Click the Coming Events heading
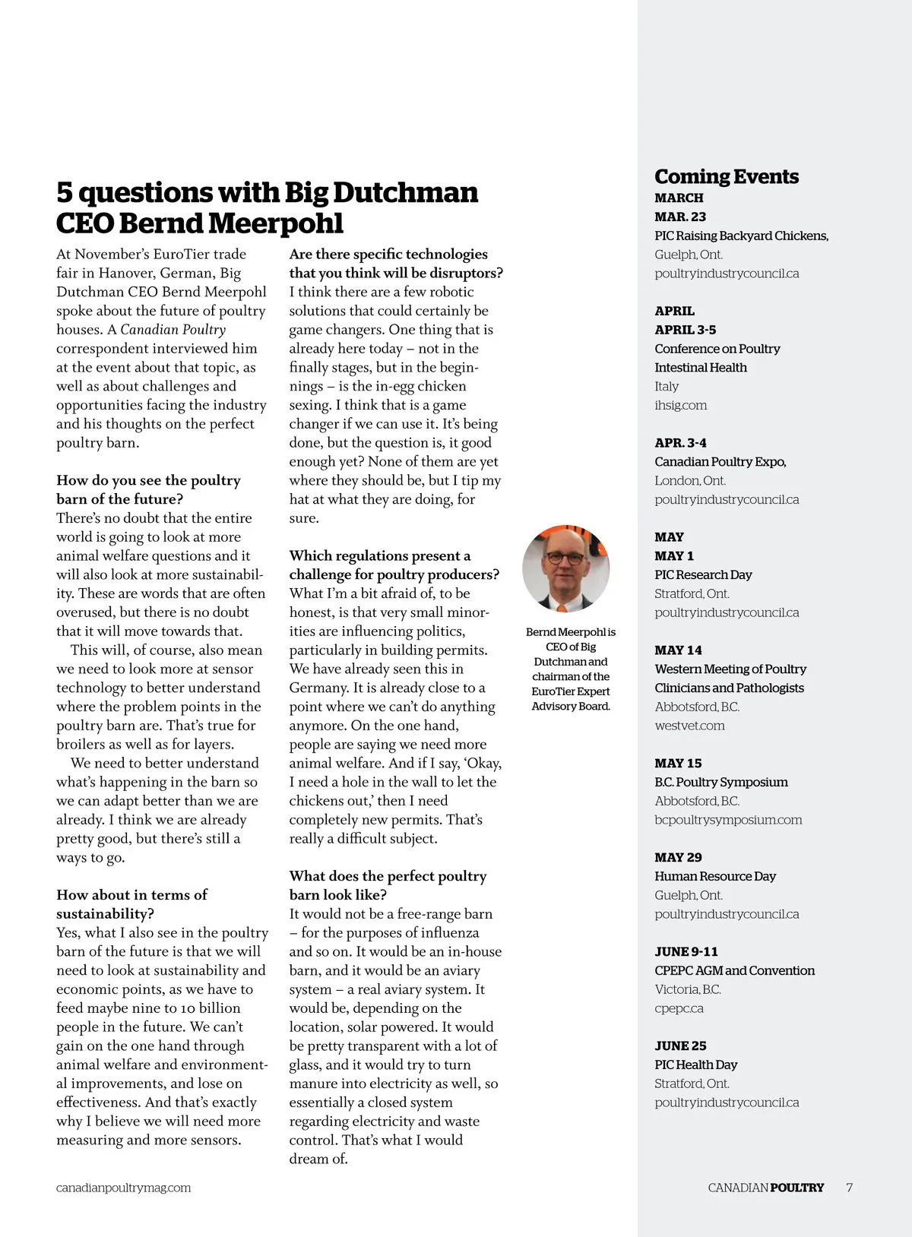click(727, 177)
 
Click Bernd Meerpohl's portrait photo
click(566, 568)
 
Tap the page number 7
click(849, 1188)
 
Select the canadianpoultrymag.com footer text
click(123, 1188)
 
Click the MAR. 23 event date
click(680, 217)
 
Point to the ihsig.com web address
click(680, 405)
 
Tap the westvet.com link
click(689, 726)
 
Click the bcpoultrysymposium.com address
click(728, 820)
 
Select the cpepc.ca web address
click(679, 1008)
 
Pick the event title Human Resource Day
click(715, 876)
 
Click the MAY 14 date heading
click(678, 650)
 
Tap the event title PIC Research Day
click(703, 575)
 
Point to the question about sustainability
click(131, 904)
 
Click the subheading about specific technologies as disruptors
click(395, 264)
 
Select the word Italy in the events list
click(667, 387)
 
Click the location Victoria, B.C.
click(688, 989)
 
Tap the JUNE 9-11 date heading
click(686, 952)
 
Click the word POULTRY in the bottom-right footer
click(796, 1188)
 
